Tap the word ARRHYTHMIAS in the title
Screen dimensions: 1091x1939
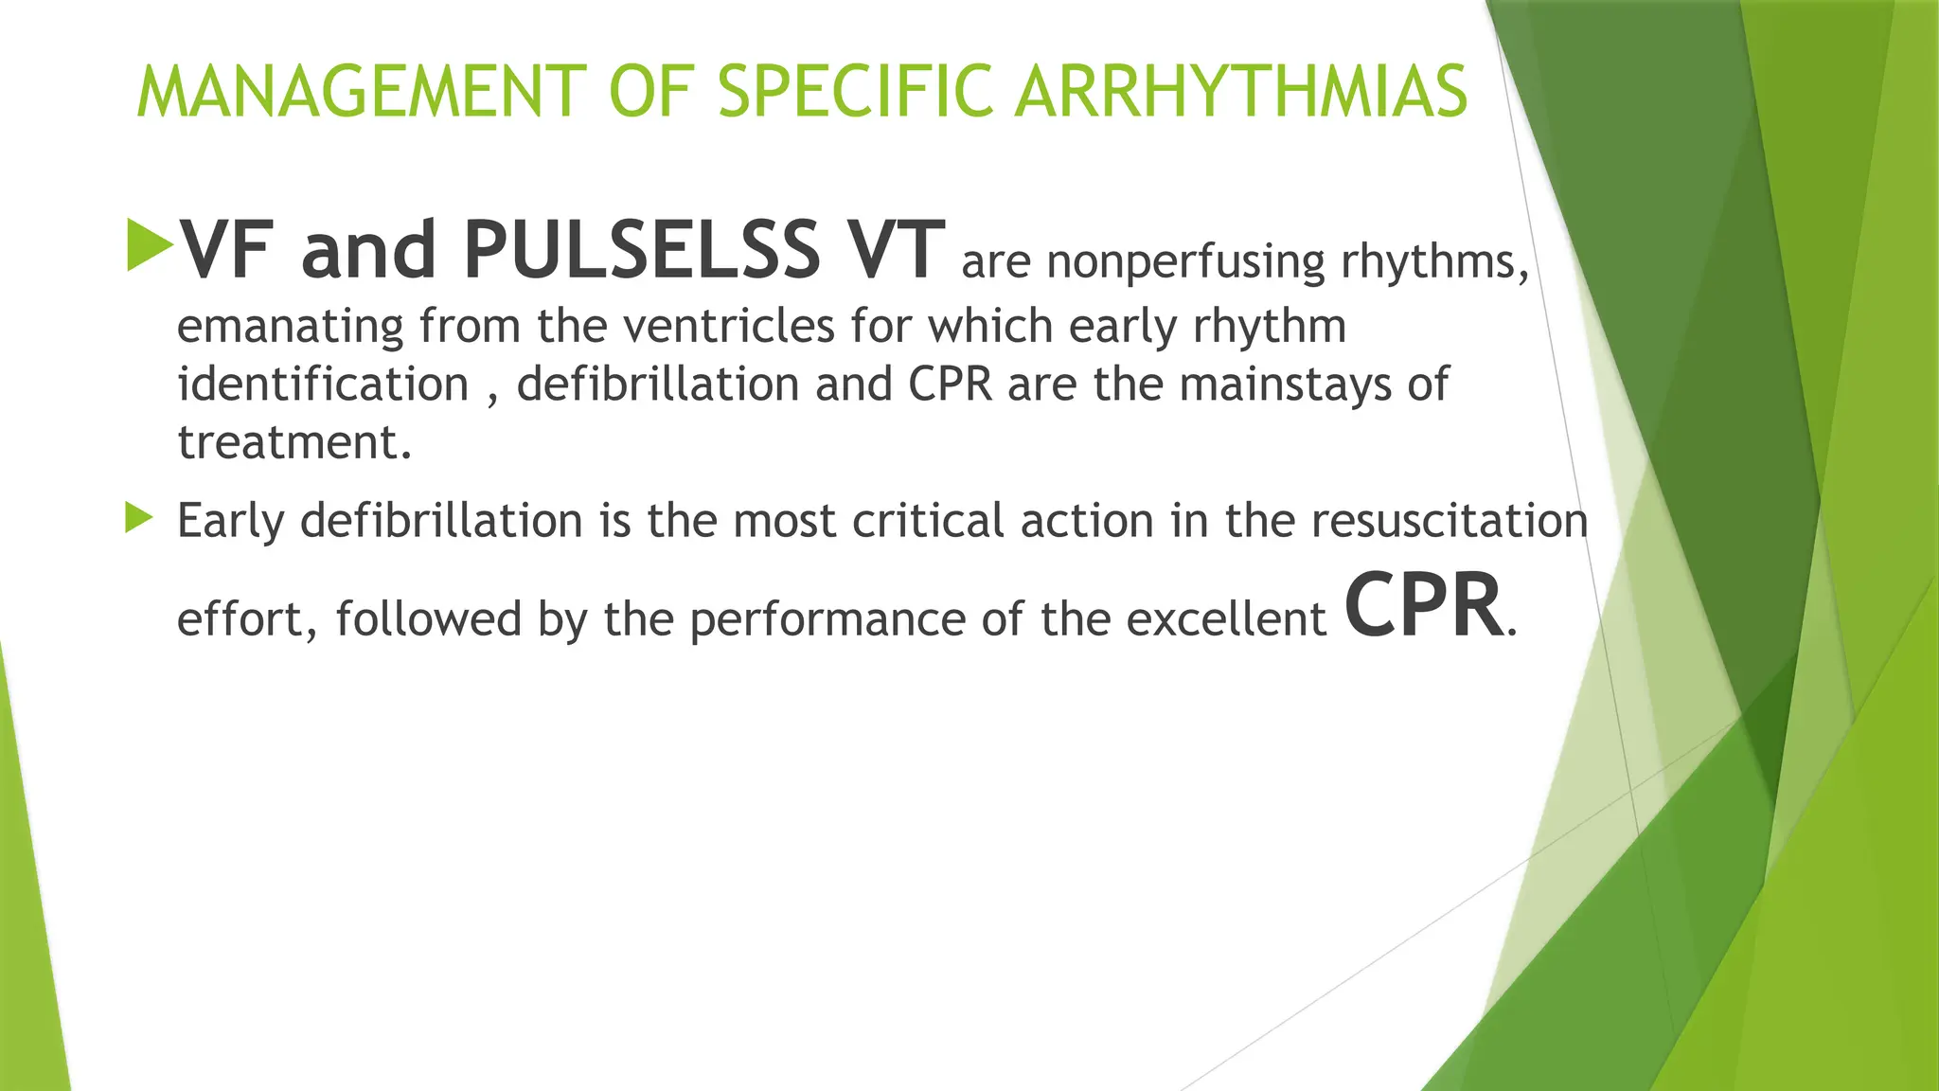point(1240,93)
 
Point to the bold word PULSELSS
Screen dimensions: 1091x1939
point(641,250)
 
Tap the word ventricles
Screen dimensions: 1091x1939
point(727,327)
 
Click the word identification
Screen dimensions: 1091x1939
point(323,385)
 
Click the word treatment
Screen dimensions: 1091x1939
point(294,442)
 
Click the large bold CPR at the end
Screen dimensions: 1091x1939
point(1423,606)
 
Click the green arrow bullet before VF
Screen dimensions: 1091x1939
point(150,245)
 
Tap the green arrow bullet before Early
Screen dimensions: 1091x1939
point(139,518)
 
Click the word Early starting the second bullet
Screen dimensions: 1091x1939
point(231,521)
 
